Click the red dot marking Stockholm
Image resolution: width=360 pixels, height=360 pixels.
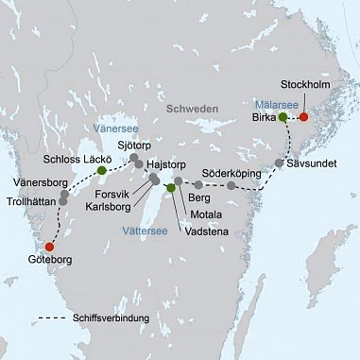click(303, 117)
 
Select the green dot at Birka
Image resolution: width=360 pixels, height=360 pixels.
click(283, 117)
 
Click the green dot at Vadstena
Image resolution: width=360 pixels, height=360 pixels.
click(171, 188)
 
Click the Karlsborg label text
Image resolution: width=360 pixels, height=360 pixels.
click(110, 203)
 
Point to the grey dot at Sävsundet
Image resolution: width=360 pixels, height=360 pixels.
click(280, 163)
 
